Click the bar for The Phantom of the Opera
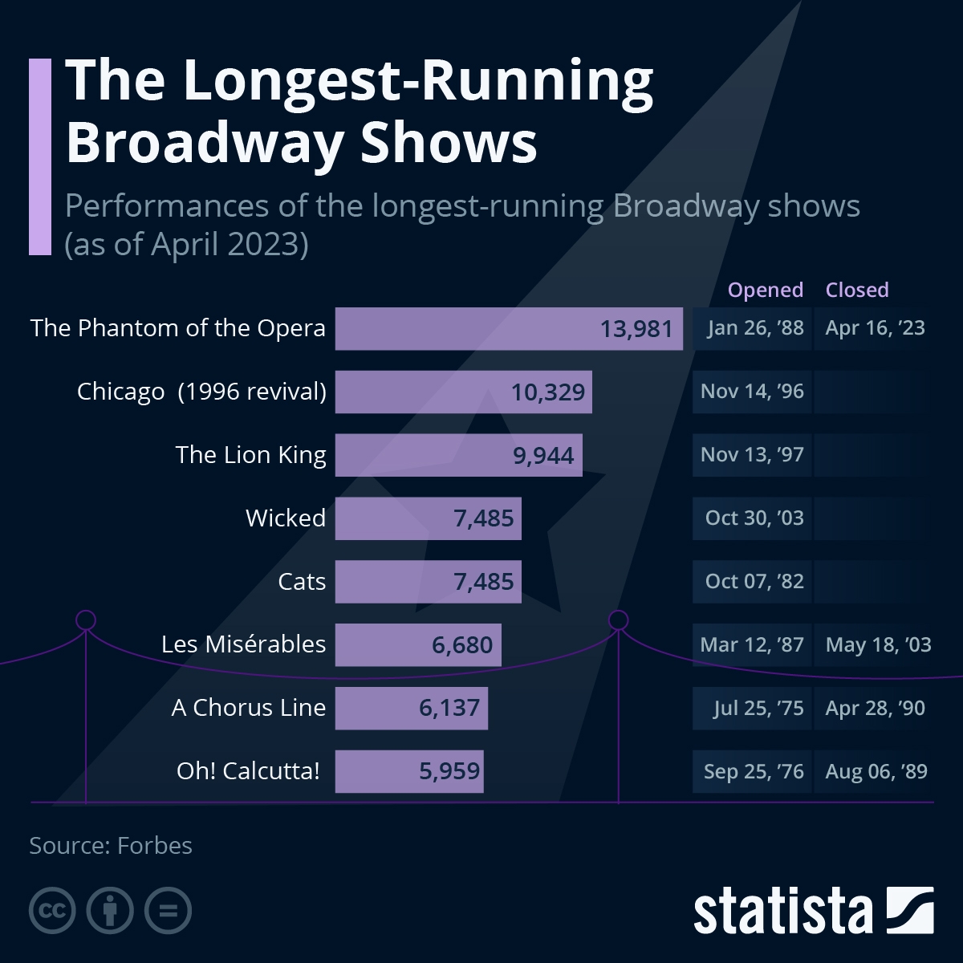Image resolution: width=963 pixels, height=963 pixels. click(x=509, y=328)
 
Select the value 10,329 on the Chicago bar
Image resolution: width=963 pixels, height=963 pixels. click(x=548, y=392)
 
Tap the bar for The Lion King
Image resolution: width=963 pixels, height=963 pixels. click(x=458, y=455)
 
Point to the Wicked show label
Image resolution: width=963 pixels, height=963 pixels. click(x=286, y=518)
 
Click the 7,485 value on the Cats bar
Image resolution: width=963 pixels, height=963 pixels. click(x=483, y=582)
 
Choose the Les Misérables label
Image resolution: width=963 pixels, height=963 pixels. click(x=243, y=644)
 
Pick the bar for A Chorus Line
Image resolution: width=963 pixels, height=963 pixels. click(x=411, y=708)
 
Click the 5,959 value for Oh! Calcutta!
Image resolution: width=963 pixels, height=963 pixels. click(x=449, y=771)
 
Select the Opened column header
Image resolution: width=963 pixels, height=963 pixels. click(x=765, y=290)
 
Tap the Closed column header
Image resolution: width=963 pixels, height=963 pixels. click(x=857, y=290)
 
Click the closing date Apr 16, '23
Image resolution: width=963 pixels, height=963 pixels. click(x=875, y=328)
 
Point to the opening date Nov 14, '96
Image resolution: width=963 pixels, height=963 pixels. click(x=752, y=392)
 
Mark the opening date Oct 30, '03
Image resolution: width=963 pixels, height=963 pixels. click(x=754, y=518)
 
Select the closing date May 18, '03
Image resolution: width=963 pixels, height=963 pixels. click(x=878, y=645)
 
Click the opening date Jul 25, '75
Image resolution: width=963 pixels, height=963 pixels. click(x=758, y=708)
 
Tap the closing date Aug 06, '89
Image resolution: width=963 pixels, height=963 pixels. click(x=876, y=771)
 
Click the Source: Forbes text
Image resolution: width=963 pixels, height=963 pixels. click(x=111, y=846)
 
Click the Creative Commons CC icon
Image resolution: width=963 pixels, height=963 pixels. click(x=52, y=911)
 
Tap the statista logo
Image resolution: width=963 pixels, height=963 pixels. click(x=813, y=911)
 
